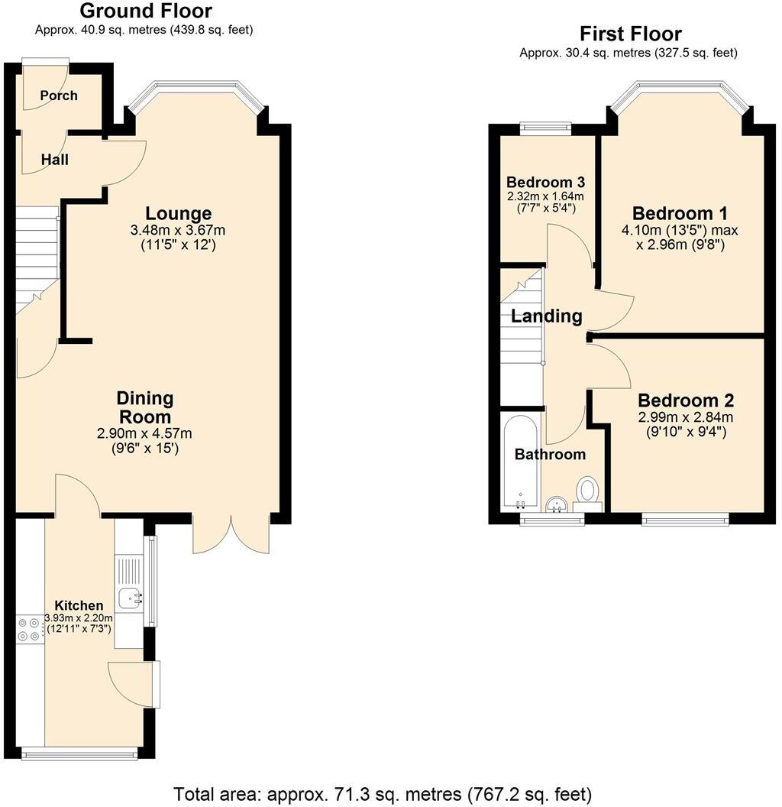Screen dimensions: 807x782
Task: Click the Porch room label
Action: coord(59,96)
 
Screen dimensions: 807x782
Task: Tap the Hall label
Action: coord(54,160)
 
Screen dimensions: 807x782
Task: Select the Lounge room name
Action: coord(179,213)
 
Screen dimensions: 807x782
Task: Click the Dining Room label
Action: coord(144,407)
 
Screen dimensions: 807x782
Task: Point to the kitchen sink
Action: coord(130,597)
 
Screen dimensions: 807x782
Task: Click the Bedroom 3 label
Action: coord(545,183)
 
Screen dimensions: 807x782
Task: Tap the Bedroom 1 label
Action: coord(680,213)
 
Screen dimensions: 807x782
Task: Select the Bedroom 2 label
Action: coord(686,400)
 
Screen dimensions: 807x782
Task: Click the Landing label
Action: coord(546,316)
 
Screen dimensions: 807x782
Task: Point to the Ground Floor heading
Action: coord(145,11)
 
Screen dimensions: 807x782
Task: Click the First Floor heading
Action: coord(630,34)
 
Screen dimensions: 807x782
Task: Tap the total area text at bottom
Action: coord(383,793)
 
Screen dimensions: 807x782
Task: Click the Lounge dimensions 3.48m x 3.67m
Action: coord(179,230)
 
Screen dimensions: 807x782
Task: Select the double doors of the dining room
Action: coord(231,535)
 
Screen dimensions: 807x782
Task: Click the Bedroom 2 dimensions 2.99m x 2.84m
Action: coord(686,417)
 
